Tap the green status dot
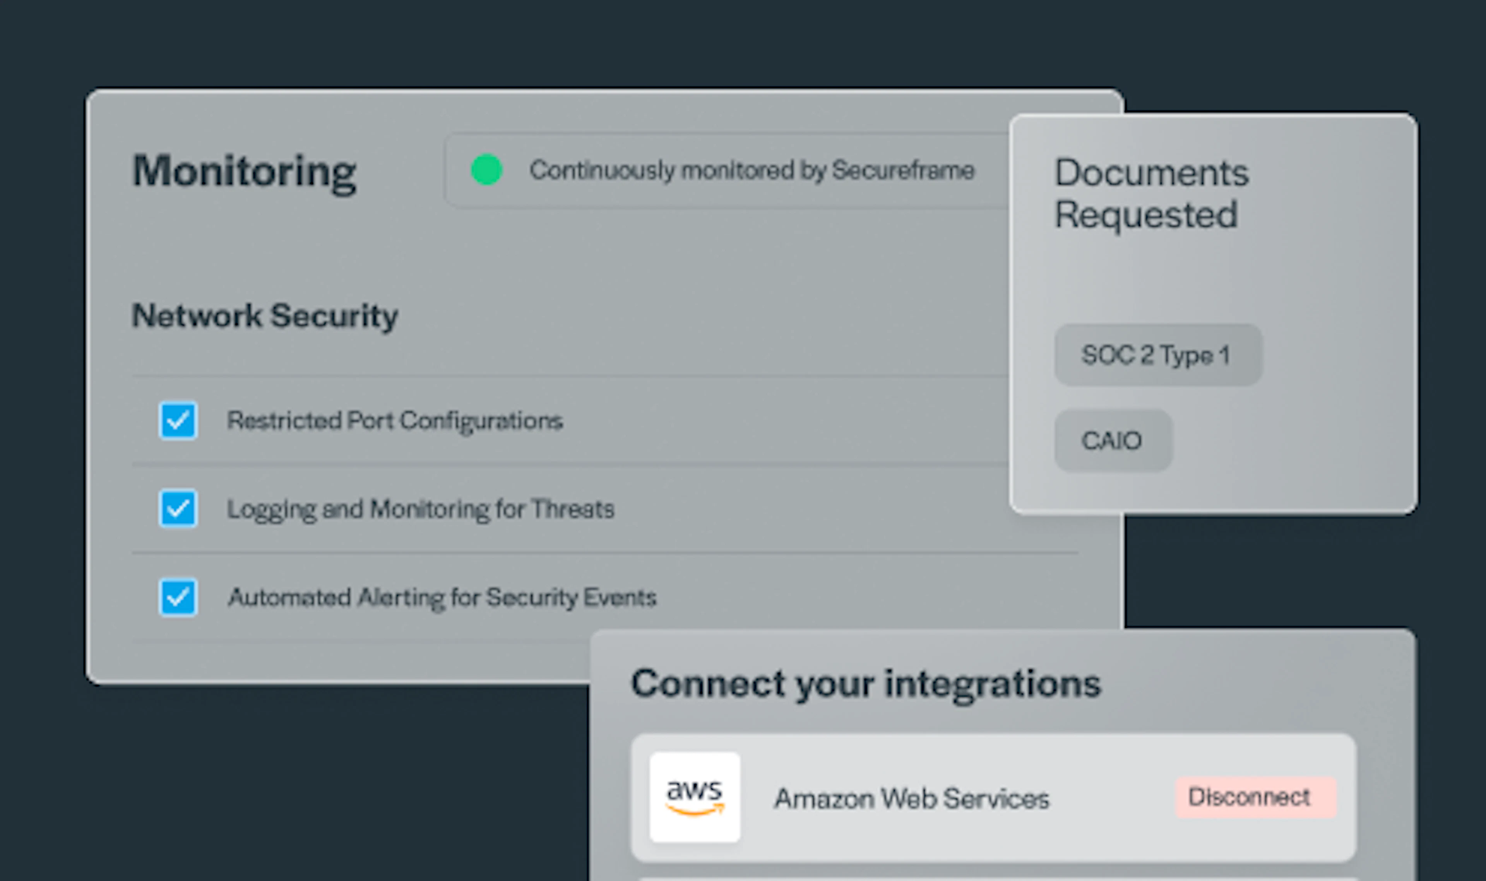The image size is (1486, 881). [487, 170]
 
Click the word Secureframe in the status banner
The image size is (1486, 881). [903, 170]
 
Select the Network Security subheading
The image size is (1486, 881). [265, 316]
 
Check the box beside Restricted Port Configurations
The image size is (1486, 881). [178, 421]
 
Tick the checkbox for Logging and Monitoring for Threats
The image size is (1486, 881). [178, 508]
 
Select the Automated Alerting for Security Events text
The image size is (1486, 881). [442, 597]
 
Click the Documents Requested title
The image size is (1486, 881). [1151, 193]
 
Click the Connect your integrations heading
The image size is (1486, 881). [866, 684]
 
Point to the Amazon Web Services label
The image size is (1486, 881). [912, 799]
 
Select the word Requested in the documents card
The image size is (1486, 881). [1146, 215]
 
